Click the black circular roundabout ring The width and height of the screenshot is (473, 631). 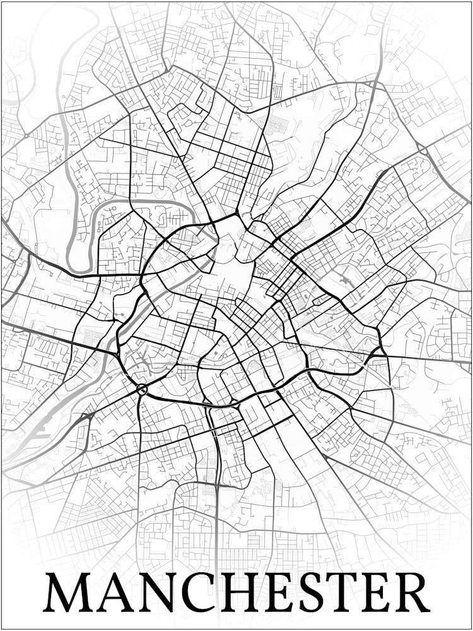pyautogui.click(x=141, y=389)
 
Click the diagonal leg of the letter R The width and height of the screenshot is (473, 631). pyautogui.click(x=421, y=603)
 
